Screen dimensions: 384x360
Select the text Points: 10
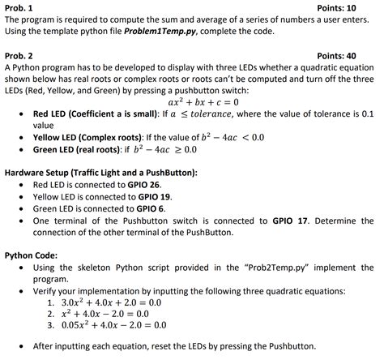point(353,8)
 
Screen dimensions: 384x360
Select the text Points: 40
point(353,56)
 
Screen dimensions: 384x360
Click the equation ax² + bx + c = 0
point(191,103)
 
